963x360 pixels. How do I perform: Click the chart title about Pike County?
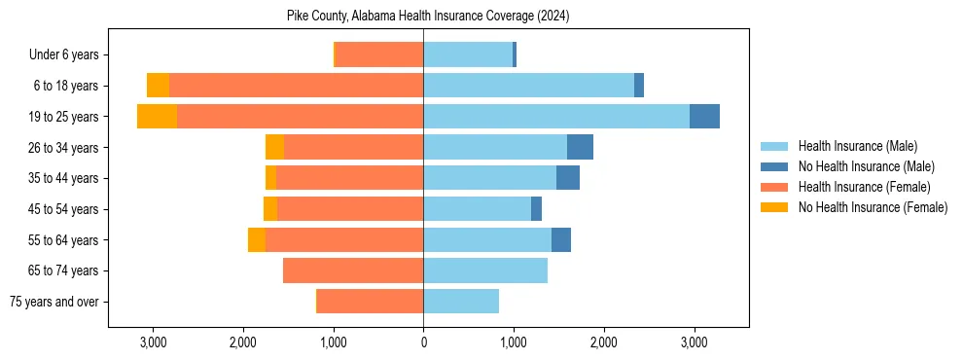428,17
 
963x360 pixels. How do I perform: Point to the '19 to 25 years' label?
63,117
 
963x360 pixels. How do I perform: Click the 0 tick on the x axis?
423,342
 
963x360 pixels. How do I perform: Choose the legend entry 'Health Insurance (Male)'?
857,146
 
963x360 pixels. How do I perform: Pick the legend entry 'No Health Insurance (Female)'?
873,207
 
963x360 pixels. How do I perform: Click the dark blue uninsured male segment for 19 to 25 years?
704,117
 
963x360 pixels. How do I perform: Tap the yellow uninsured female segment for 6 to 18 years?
158,86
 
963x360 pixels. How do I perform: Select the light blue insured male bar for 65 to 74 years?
485,270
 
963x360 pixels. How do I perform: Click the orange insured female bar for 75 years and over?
370,302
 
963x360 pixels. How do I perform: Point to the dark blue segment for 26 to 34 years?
580,147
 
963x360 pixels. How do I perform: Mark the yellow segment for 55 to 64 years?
257,239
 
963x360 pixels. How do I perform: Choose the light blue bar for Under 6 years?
468,54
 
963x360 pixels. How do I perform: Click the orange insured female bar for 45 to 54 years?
350,209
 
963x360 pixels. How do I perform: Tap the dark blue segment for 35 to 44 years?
568,178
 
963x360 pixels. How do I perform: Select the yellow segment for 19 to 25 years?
157,117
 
